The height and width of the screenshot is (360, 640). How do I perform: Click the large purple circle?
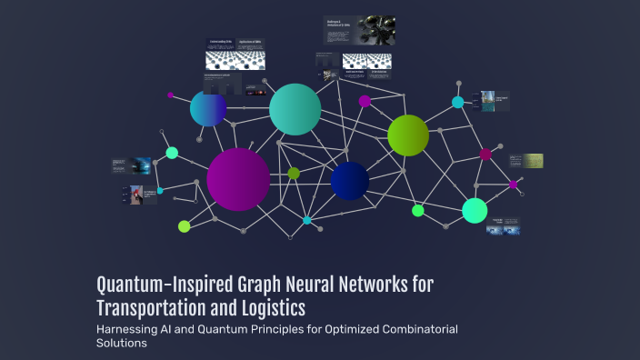pyautogui.click(x=238, y=179)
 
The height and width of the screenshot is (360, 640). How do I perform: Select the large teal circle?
pyautogui.click(x=295, y=109)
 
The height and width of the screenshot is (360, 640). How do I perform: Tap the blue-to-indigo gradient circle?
pyautogui.click(x=208, y=109)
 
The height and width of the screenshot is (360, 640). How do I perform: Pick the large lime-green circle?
pyautogui.click(x=408, y=135)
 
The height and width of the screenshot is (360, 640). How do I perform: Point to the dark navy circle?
pyautogui.click(x=350, y=181)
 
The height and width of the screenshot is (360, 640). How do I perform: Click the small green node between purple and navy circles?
pyautogui.click(x=294, y=173)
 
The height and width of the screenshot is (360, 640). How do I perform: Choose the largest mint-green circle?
pyautogui.click(x=475, y=210)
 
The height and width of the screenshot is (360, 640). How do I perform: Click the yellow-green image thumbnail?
pyautogui.click(x=533, y=161)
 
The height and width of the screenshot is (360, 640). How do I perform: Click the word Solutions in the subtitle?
pyautogui.click(x=122, y=344)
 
